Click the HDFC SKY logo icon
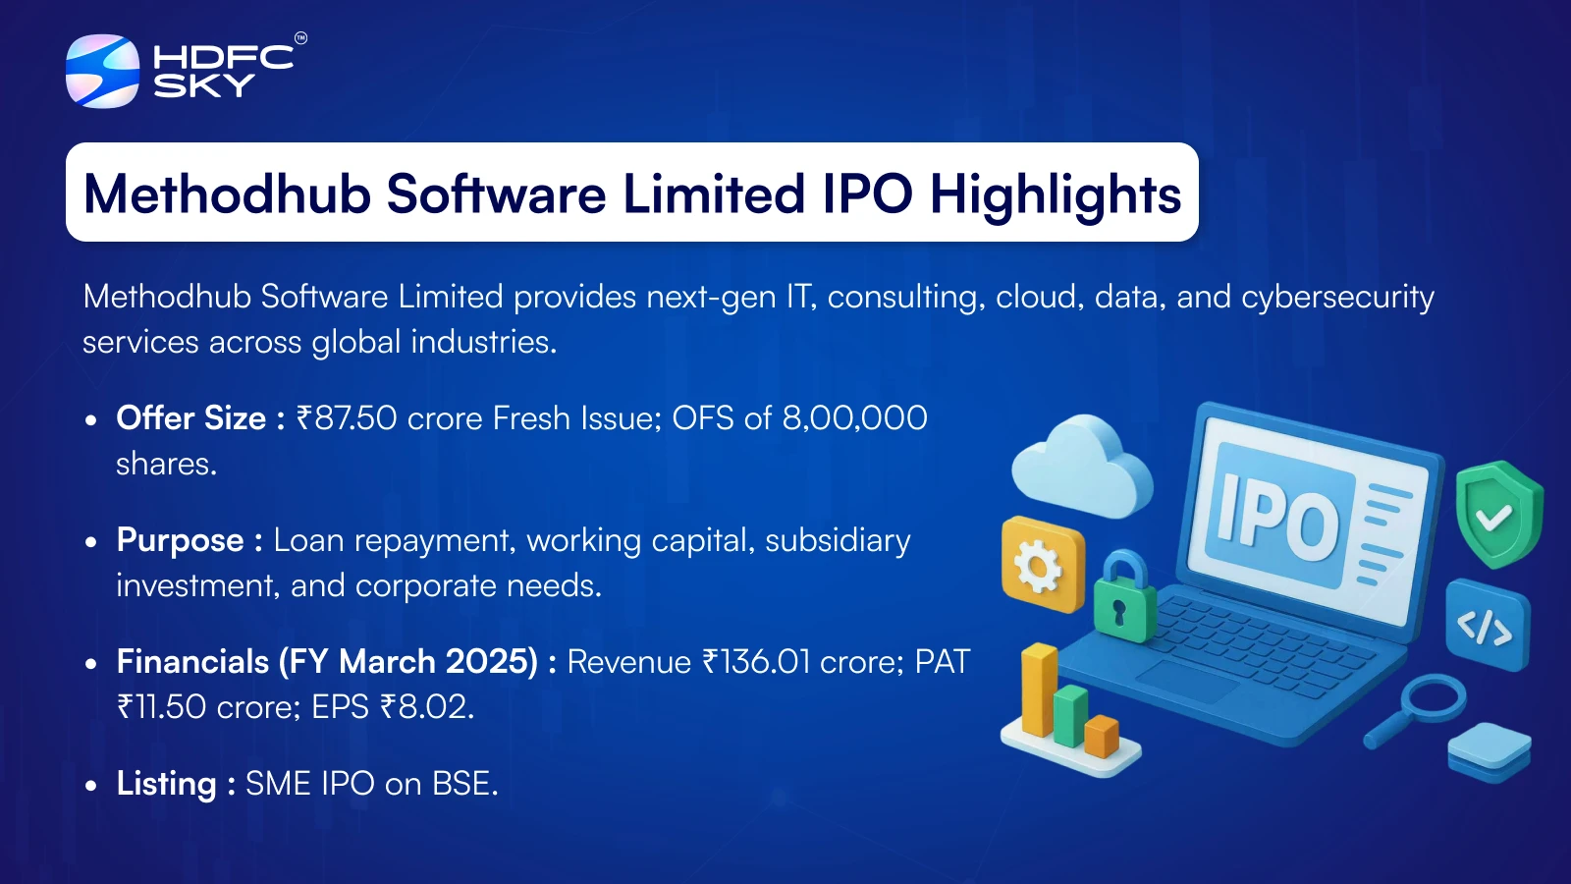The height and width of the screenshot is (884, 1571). pos(102,71)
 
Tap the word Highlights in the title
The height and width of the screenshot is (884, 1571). pos(1056,195)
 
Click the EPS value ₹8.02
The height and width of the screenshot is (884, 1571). pos(426,706)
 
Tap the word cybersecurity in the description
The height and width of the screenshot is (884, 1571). pos(1337,297)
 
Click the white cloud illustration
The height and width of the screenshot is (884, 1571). pos(1081,466)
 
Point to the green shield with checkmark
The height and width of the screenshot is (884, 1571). pos(1499,515)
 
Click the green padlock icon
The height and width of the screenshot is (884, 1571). pos(1125,598)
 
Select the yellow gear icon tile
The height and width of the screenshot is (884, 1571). pos(1043,565)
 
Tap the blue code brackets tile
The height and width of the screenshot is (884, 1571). pos(1487,626)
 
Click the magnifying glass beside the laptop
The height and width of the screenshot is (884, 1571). pos(1416,708)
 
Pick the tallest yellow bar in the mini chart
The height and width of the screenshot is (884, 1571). pos(1040,691)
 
